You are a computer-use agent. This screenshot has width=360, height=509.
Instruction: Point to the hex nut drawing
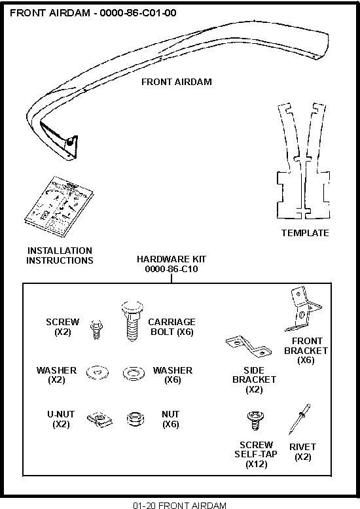tap(135, 419)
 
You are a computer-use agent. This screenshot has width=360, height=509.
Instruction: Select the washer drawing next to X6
tap(134, 374)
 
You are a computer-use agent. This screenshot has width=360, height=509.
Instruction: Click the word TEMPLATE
tap(305, 233)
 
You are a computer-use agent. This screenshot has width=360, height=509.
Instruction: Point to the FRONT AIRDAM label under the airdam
tap(177, 82)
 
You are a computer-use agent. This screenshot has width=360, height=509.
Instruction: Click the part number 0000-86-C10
tap(171, 269)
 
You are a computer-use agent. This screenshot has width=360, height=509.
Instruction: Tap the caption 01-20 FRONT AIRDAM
tap(179, 505)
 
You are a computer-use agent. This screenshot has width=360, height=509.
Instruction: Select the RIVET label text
tap(302, 448)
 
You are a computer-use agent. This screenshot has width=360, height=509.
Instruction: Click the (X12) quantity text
tap(256, 465)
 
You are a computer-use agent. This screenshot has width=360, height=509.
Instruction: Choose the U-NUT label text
tap(60, 414)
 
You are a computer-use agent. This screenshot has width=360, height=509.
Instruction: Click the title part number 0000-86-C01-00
tap(138, 12)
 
